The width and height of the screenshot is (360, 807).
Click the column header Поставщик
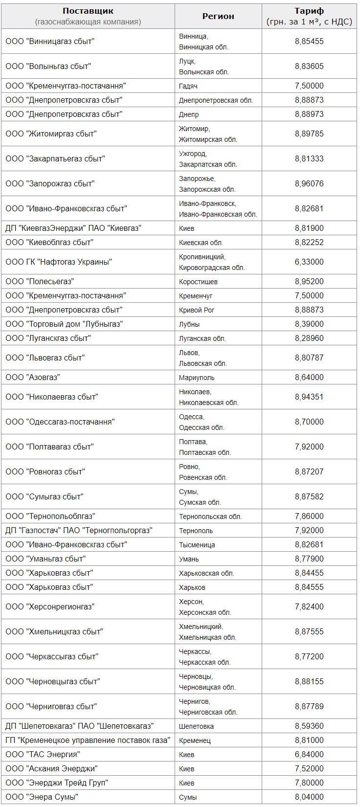[88, 11]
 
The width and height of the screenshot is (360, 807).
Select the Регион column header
[218, 16]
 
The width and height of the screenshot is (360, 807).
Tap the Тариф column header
[309, 11]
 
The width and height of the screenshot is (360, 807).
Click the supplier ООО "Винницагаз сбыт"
[50, 42]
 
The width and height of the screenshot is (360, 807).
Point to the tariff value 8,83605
[309, 67]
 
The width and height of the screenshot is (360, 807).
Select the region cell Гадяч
[188, 86]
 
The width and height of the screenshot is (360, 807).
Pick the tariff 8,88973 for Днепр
[309, 114]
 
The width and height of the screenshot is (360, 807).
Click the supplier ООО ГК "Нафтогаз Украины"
[59, 262]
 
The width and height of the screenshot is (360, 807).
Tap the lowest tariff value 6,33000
[309, 262]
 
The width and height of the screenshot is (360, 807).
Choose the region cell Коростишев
[198, 282]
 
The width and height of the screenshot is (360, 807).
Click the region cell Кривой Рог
[197, 310]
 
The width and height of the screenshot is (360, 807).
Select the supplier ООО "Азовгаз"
[33, 378]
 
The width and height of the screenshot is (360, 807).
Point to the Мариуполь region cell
[197, 378]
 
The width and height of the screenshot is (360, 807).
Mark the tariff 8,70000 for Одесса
[309, 422]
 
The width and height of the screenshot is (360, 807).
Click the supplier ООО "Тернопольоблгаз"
[50, 516]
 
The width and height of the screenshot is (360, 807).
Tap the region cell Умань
[189, 559]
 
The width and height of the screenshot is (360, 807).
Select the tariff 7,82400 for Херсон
[309, 607]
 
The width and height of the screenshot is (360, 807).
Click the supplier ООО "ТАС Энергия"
[43, 755]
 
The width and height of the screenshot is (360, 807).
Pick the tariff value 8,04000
[309, 797]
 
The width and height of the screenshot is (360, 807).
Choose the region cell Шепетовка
[196, 726]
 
